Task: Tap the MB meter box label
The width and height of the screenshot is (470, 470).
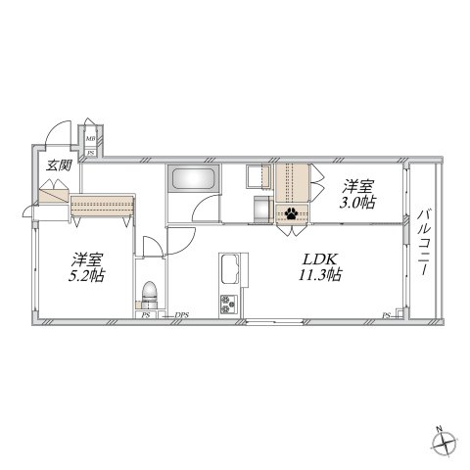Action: point(90,138)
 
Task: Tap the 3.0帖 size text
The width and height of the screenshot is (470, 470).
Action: point(356,203)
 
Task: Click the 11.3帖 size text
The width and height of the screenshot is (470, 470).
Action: point(320,276)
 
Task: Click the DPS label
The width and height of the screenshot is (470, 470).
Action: point(181,314)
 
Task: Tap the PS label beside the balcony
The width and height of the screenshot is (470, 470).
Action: point(386,314)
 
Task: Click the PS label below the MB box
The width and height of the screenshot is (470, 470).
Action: point(90,153)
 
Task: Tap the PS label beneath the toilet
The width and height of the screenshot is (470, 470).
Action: point(146,314)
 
